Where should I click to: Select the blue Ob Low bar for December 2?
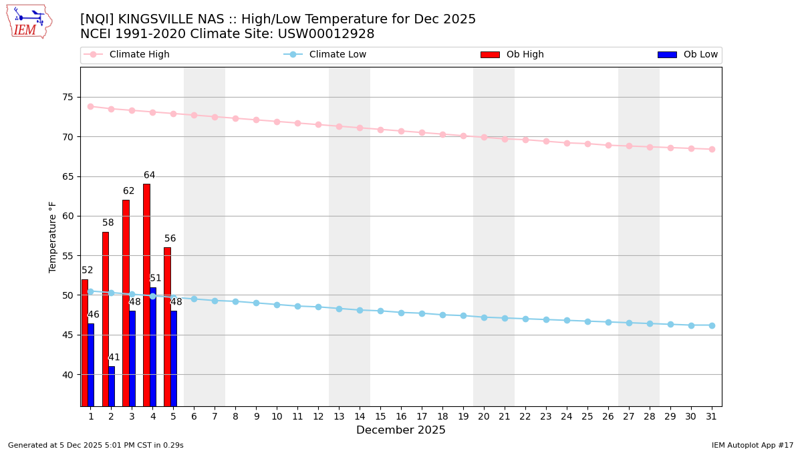tap(112, 386)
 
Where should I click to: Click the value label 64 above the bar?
tap(149, 176)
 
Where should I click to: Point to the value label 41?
tap(114, 358)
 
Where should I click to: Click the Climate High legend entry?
tap(139, 55)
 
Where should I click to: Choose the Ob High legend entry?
tap(525, 55)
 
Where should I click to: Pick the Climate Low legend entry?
tap(338, 55)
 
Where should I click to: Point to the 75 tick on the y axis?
tap(68, 98)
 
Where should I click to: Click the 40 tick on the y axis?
tap(68, 375)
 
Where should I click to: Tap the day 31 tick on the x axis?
tap(712, 417)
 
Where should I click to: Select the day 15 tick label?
tap(380, 417)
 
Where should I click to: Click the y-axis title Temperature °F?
tap(53, 237)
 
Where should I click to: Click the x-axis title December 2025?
tap(401, 431)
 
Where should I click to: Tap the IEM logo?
tap(29, 21)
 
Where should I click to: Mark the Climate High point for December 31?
tap(712, 149)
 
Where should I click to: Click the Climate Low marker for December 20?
tap(484, 317)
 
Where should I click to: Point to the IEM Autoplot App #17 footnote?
tap(753, 446)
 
